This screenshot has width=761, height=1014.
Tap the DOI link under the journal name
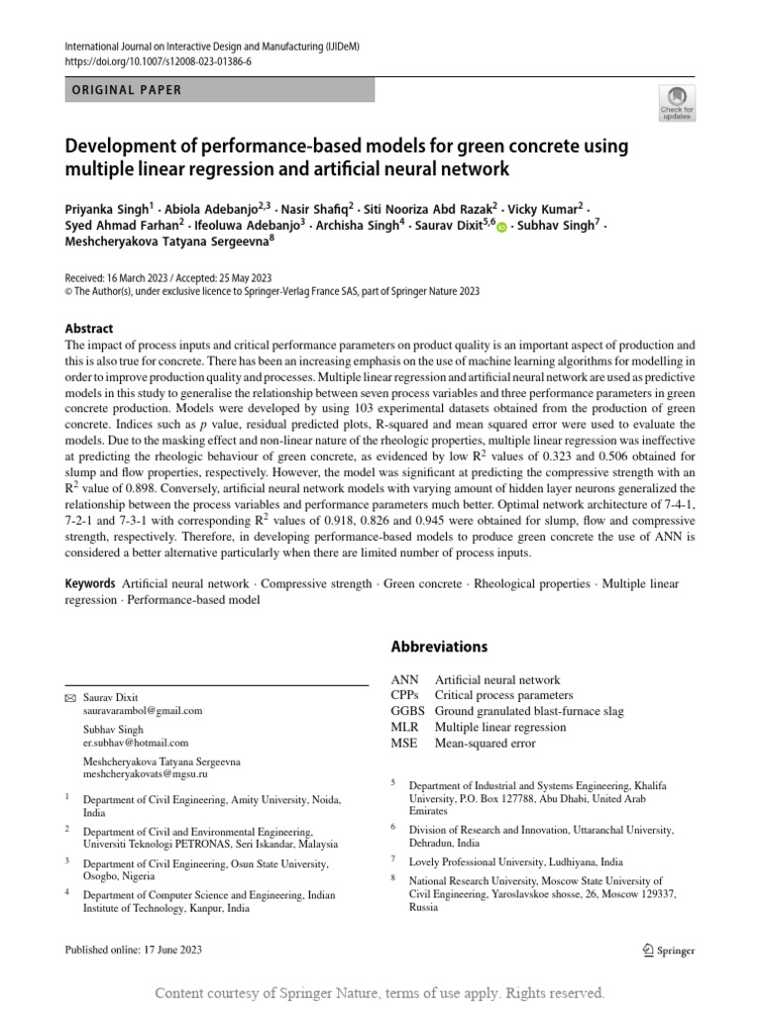158,60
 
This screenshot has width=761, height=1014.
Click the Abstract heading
89,329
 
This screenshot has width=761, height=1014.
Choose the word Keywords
89,584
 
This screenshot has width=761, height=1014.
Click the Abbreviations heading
439,647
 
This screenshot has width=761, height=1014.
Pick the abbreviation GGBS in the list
407,711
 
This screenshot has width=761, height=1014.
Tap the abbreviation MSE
404,743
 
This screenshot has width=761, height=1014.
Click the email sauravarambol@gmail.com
143,710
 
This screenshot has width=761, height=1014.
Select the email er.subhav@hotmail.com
136,742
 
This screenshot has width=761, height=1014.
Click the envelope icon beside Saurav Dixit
69,697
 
